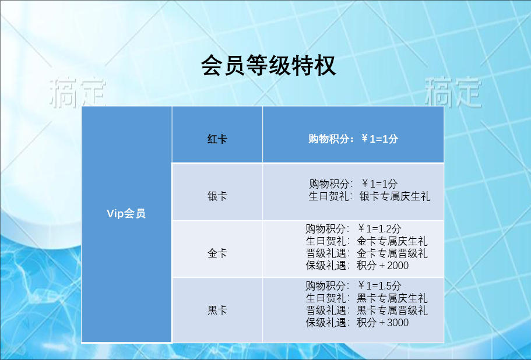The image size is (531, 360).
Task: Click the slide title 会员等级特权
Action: (x=268, y=65)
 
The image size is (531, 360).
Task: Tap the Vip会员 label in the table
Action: (x=126, y=214)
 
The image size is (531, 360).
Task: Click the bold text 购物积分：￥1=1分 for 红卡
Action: (x=353, y=139)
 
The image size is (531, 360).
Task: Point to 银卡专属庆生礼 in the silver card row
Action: (x=395, y=196)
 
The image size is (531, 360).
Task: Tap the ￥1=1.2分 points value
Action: (x=379, y=229)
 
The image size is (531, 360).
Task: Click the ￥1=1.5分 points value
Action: (x=379, y=286)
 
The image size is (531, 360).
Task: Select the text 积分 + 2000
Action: (x=383, y=266)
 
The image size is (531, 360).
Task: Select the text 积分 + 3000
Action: (x=383, y=323)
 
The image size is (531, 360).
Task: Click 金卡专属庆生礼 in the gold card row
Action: (x=392, y=241)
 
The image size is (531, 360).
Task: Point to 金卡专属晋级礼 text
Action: (x=392, y=253)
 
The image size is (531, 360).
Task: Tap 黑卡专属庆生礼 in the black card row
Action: (x=392, y=298)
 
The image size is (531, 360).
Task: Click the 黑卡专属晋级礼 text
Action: (x=392, y=310)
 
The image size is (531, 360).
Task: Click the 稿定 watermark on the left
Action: (x=78, y=93)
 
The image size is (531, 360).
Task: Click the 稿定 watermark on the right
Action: (x=453, y=92)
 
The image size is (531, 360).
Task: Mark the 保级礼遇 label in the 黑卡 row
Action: (x=326, y=323)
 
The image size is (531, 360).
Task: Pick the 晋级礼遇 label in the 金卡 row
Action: (x=326, y=253)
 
